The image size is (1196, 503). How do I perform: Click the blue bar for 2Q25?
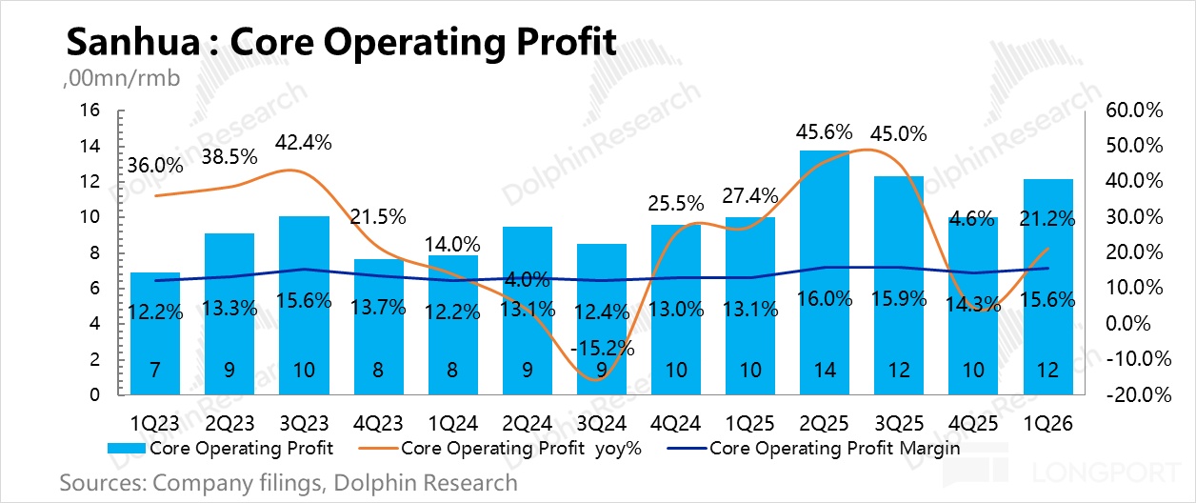[x=824, y=272]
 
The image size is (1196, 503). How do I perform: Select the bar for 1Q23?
[x=155, y=333]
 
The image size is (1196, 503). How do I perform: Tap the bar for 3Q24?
[x=601, y=319]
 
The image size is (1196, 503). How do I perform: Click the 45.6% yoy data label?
[x=824, y=131]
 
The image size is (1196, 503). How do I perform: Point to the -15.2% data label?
[x=602, y=349]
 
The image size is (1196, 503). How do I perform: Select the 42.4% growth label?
[x=303, y=143]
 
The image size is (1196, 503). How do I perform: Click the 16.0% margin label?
[x=824, y=299]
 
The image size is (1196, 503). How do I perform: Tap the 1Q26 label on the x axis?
[x=1047, y=423]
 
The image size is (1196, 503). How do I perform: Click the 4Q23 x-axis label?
[x=377, y=423]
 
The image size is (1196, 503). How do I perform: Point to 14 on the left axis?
[x=90, y=146]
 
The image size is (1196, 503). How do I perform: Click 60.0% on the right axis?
[x=1134, y=110]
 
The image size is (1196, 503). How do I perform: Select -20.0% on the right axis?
[x=1138, y=394]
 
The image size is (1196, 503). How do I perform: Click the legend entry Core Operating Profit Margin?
[x=813, y=448]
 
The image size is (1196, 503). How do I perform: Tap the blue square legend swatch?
[x=126, y=449]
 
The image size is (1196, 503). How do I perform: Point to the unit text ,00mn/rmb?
[x=122, y=78]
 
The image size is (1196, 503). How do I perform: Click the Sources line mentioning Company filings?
[x=289, y=483]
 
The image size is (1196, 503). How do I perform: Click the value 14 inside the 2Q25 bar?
[x=825, y=370]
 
